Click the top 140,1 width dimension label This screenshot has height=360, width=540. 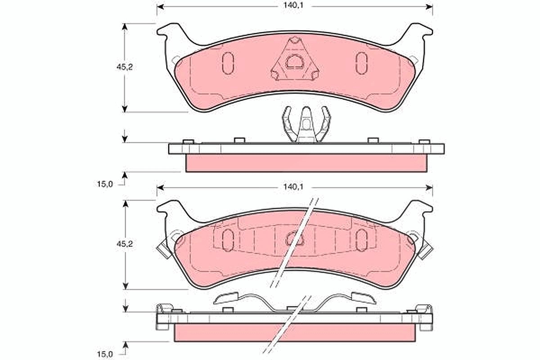pos(293,5)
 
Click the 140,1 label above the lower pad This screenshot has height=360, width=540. pos(293,187)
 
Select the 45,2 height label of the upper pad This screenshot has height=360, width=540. pos(125,67)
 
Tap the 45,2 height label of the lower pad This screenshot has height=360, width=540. pos(125,244)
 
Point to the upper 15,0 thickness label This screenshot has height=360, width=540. pos(105,184)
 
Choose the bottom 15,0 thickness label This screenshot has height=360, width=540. pos(105,354)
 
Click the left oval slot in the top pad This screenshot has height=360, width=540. pos(228,63)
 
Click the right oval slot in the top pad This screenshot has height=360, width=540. pos(362,63)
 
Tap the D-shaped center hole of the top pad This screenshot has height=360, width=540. pos(295,62)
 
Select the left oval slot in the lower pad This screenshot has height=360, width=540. pos(228,240)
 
